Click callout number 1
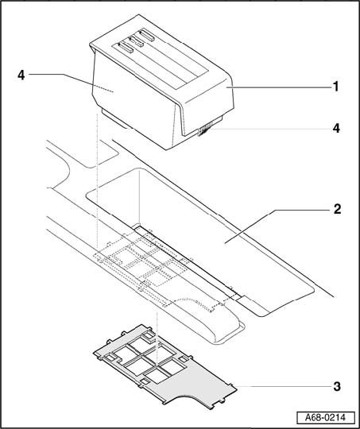(x=335, y=87)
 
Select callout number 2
(x=337, y=209)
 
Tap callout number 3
(x=337, y=387)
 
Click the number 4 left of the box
(x=21, y=75)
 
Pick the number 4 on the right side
(x=336, y=128)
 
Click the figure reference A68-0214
(x=326, y=418)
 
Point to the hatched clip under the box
(x=205, y=129)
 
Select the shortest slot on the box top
(x=136, y=41)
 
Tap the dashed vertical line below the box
(x=97, y=180)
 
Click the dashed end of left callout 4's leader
(x=103, y=87)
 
